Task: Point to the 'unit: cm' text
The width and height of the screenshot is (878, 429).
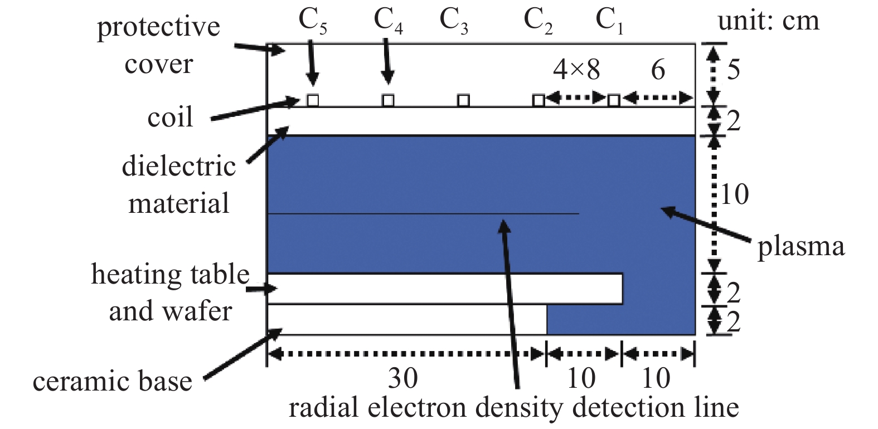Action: point(768,21)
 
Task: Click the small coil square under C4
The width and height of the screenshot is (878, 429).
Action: point(388,100)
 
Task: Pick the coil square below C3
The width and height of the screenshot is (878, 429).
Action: point(464,100)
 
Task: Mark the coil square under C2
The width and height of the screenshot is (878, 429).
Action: point(539,100)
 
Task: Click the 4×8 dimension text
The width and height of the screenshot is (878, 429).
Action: point(576,70)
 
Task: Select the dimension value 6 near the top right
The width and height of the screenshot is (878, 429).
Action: point(658,71)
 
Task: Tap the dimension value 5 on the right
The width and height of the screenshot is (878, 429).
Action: point(734,70)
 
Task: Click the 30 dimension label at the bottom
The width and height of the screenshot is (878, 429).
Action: point(403,378)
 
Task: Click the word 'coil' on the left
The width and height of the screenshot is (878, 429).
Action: point(170,117)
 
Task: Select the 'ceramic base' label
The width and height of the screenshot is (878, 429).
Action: point(113,381)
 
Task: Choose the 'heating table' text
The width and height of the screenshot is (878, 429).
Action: point(170,274)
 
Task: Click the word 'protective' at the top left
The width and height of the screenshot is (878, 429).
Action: point(158,27)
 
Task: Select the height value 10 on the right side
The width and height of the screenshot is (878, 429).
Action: point(735,194)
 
